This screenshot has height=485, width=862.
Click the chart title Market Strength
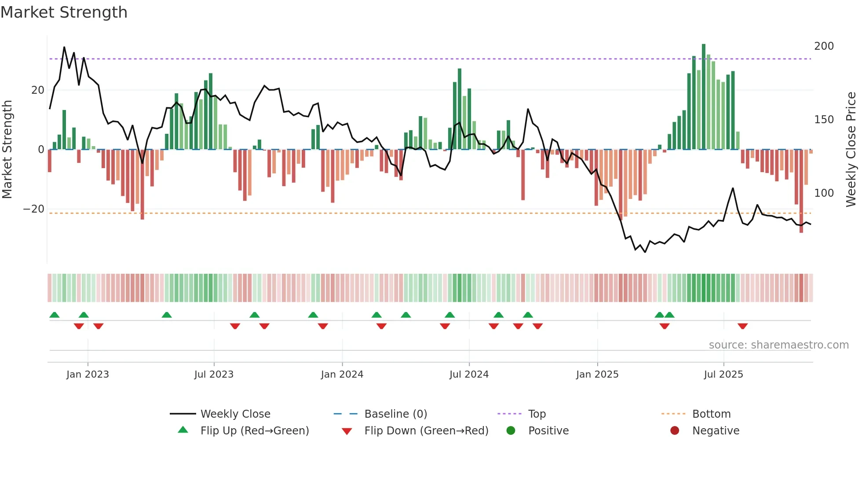pos(64,12)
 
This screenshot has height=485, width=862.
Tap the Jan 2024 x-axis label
pos(342,375)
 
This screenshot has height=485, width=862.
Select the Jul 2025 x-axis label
pos(723,375)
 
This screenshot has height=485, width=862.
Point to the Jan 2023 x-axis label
pos(88,375)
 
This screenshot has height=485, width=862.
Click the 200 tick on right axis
pos(824,46)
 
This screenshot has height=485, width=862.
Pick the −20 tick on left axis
pos(34,209)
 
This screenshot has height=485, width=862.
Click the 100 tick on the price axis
pos(824,193)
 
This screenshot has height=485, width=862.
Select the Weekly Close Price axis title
pos(851,150)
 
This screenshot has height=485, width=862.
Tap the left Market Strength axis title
pos(7,150)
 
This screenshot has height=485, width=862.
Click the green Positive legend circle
pos(511,431)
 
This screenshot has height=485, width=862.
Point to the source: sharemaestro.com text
pos(778,345)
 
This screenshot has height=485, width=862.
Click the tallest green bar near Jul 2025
pos(704,97)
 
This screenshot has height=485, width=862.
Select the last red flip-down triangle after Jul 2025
pos(743,326)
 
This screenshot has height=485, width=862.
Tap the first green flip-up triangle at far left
pos(55,315)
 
